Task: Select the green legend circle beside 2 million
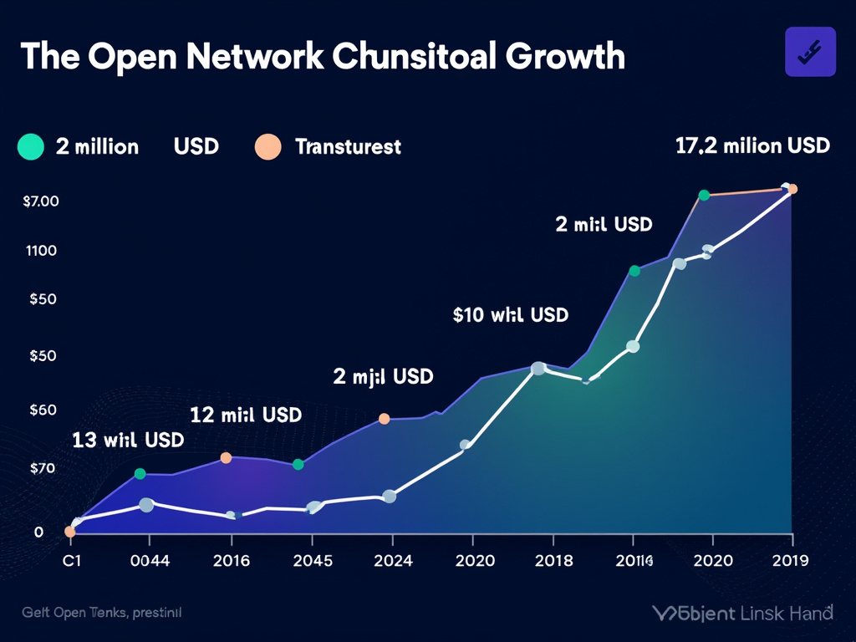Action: (x=30, y=147)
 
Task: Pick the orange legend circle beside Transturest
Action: (x=267, y=147)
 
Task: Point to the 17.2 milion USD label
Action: (x=752, y=145)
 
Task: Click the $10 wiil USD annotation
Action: (x=510, y=315)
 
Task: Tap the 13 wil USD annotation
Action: (x=128, y=440)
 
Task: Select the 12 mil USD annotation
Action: (x=246, y=414)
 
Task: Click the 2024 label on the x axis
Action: (x=392, y=560)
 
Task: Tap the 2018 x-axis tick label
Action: (x=553, y=560)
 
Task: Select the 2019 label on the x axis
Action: (x=788, y=560)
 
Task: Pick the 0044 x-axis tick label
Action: (x=150, y=560)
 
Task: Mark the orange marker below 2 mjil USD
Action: (x=385, y=419)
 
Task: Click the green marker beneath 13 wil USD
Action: (x=140, y=474)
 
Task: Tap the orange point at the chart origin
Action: (x=70, y=532)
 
